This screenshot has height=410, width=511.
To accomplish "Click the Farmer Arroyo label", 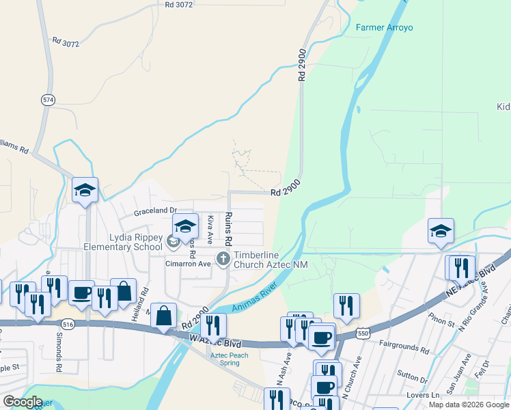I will [x=385, y=27].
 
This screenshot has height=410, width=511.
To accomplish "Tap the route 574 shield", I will [x=47, y=100].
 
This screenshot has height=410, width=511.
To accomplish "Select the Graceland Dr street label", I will [x=155, y=210].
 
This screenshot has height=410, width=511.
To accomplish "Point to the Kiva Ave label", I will [x=210, y=230].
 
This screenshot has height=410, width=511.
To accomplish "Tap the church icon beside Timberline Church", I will [x=223, y=258].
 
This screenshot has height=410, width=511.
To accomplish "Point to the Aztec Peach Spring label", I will [x=230, y=359].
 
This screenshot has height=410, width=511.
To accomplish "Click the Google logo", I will [x=23, y=401].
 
